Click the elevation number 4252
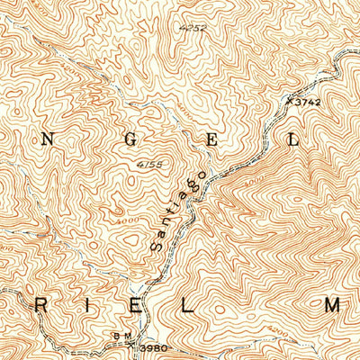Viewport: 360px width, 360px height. pos(187,29)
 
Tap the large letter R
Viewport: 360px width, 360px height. pos(41,306)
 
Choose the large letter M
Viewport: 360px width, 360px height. pos(332,306)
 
